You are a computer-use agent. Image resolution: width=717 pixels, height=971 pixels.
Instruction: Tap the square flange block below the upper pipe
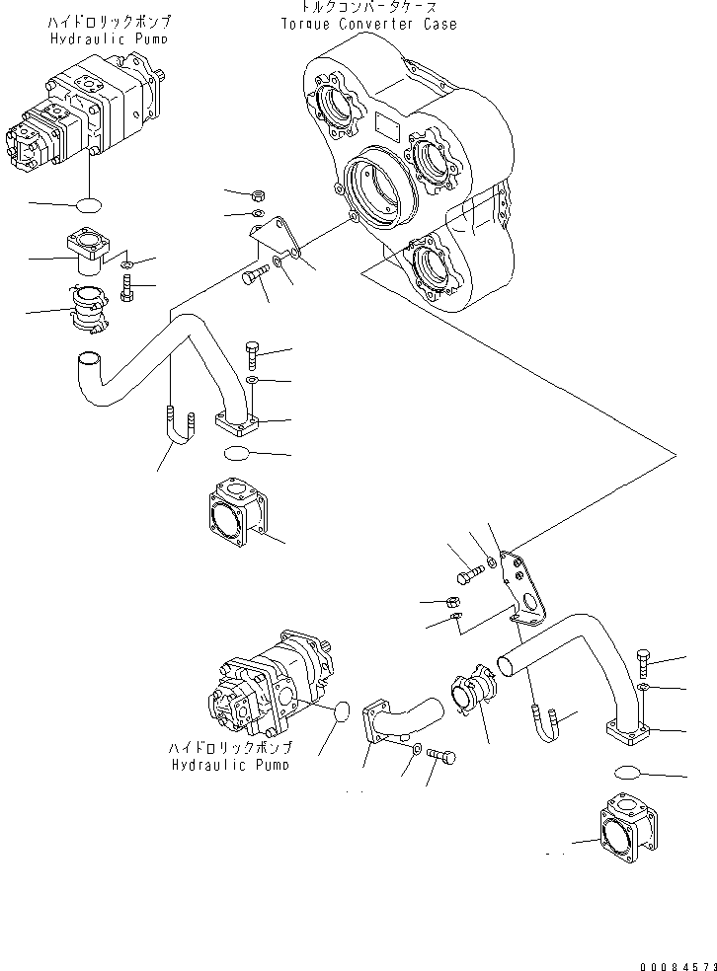(x=237, y=513)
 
